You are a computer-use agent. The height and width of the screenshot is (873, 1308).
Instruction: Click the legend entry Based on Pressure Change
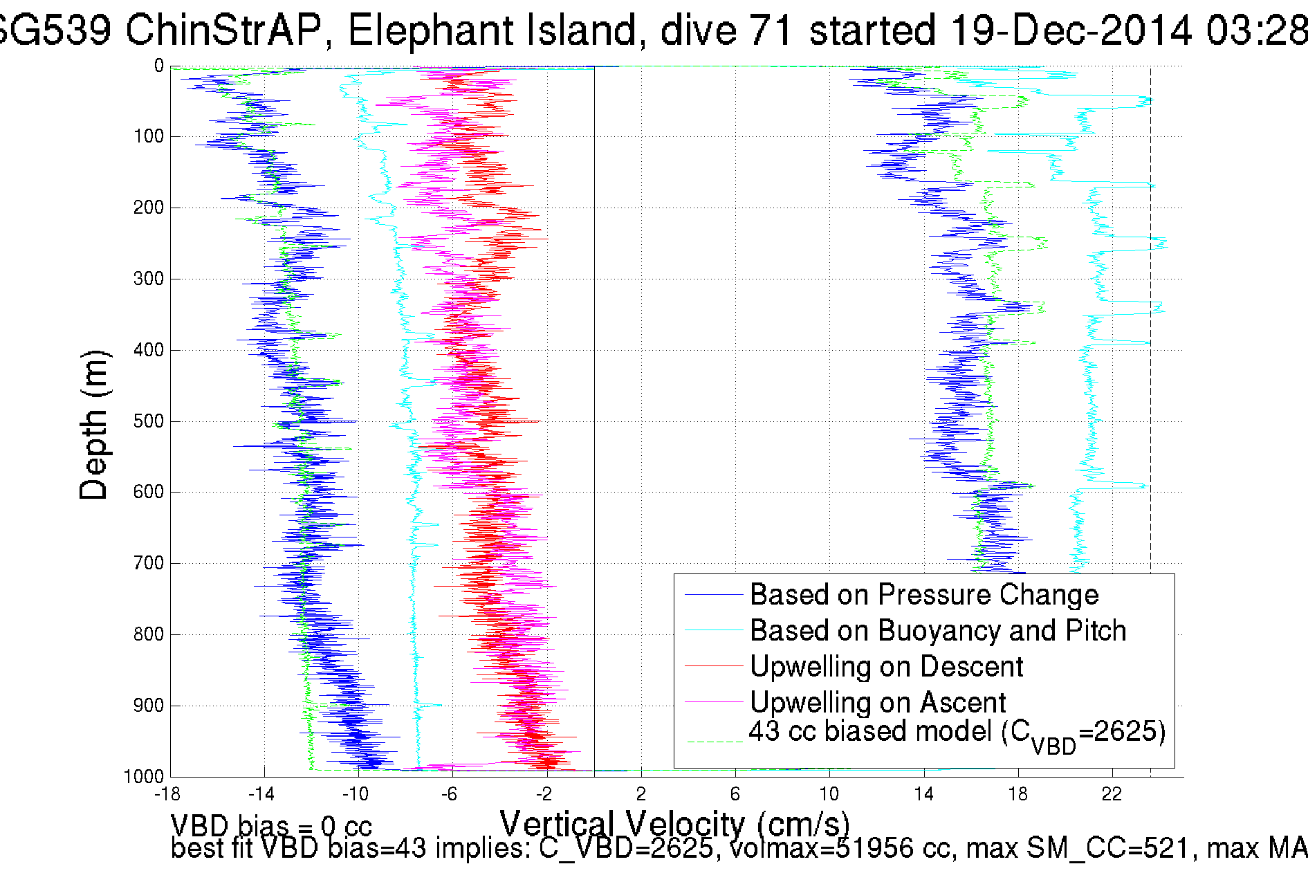[x=924, y=595]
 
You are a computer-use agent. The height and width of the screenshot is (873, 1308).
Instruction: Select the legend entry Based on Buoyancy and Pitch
[x=938, y=631]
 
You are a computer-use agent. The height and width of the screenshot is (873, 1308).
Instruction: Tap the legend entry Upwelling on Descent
[x=886, y=667]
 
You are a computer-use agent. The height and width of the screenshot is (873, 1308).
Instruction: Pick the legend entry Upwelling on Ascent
[x=878, y=703]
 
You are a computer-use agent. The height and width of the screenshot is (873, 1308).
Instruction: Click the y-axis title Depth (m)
[x=94, y=425]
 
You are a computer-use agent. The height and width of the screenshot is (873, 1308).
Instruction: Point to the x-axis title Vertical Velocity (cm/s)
[x=674, y=825]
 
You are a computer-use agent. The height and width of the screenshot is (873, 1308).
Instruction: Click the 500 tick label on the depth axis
[x=148, y=421]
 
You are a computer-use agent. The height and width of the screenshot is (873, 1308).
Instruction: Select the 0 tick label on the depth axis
[x=159, y=66]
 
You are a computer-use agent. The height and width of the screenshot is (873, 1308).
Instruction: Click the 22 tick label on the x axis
[x=1112, y=793]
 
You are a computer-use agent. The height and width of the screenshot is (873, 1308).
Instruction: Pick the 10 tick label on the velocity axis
[x=829, y=793]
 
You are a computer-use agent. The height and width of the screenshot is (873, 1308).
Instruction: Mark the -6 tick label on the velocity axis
[x=450, y=793]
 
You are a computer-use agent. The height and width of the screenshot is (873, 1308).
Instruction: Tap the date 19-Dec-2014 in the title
[x=1070, y=30]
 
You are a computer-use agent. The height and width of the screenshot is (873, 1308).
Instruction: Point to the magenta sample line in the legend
[x=713, y=702]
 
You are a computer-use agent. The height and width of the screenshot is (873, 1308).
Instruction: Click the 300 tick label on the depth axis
[x=148, y=279]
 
